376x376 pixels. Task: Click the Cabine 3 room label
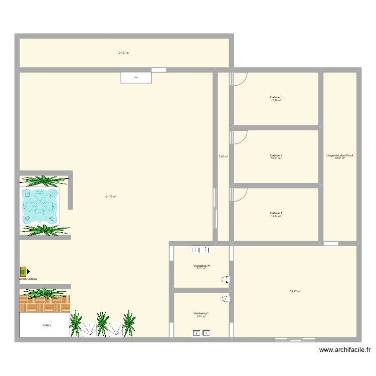click(276, 97)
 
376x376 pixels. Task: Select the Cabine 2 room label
click(276, 155)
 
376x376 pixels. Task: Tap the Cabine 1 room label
click(276, 213)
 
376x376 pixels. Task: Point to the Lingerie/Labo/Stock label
click(340, 155)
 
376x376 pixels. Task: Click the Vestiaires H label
click(201, 266)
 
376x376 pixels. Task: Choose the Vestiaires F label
click(201, 313)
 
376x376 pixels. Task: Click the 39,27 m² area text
click(295, 291)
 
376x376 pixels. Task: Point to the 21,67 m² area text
click(124, 52)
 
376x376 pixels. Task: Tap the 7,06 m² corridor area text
click(223, 156)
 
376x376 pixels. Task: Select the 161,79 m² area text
click(110, 197)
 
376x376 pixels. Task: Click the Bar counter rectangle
click(136, 77)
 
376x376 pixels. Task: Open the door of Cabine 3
click(240, 79)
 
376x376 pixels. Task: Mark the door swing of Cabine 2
click(240, 137)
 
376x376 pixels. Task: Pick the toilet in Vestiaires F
click(226, 299)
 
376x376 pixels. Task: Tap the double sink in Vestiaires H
click(201, 249)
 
